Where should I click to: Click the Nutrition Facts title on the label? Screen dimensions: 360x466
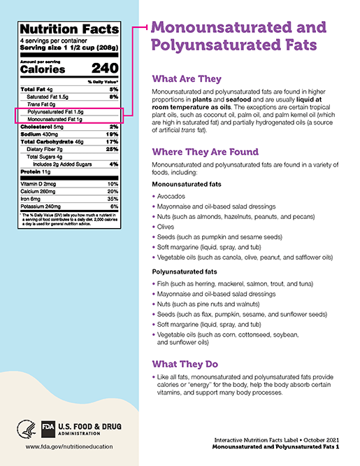pyautogui.click(x=68, y=29)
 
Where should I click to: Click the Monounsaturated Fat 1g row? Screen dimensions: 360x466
pyautogui.click(x=56, y=119)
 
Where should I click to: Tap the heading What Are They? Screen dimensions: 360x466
pyautogui.click(x=187, y=79)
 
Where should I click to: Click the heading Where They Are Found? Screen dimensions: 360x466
pyautogui.click(x=206, y=152)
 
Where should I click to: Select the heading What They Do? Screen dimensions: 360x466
pyautogui.click(x=185, y=365)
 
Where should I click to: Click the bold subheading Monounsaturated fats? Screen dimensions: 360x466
pyautogui.click(x=188, y=184)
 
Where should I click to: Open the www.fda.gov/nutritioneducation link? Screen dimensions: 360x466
pyautogui.click(x=69, y=446)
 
